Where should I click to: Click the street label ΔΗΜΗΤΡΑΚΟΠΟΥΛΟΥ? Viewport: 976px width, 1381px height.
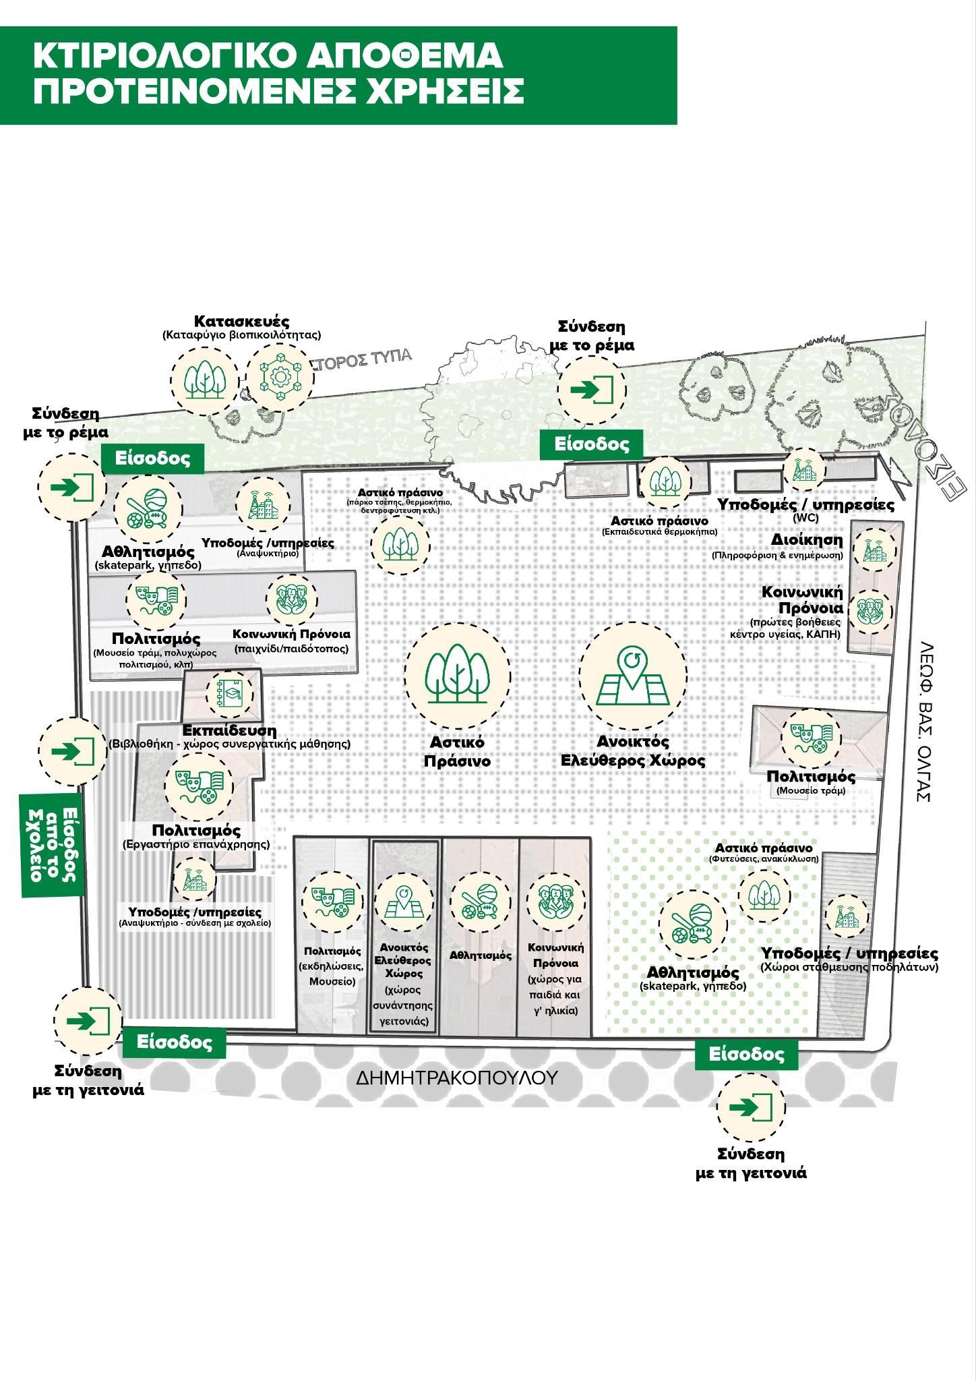(458, 1077)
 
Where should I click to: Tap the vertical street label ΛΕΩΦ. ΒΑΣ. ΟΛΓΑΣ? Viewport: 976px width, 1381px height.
(923, 721)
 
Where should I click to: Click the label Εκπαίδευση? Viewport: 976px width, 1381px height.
(229, 730)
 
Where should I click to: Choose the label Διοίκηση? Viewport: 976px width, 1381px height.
(807, 540)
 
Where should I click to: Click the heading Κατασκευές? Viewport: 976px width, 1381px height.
(241, 320)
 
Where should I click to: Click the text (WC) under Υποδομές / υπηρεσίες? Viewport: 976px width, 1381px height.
(806, 519)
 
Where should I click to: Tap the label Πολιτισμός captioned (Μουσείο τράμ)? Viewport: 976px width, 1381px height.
(810, 776)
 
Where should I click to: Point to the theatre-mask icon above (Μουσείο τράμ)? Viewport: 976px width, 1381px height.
(810, 736)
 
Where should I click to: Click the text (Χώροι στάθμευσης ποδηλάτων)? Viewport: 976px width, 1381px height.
(849, 967)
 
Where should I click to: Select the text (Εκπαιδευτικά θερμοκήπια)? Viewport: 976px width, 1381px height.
(659, 532)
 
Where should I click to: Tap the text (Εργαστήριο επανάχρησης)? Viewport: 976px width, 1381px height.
(195, 844)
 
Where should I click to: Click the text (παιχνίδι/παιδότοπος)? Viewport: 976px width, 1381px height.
(291, 649)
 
